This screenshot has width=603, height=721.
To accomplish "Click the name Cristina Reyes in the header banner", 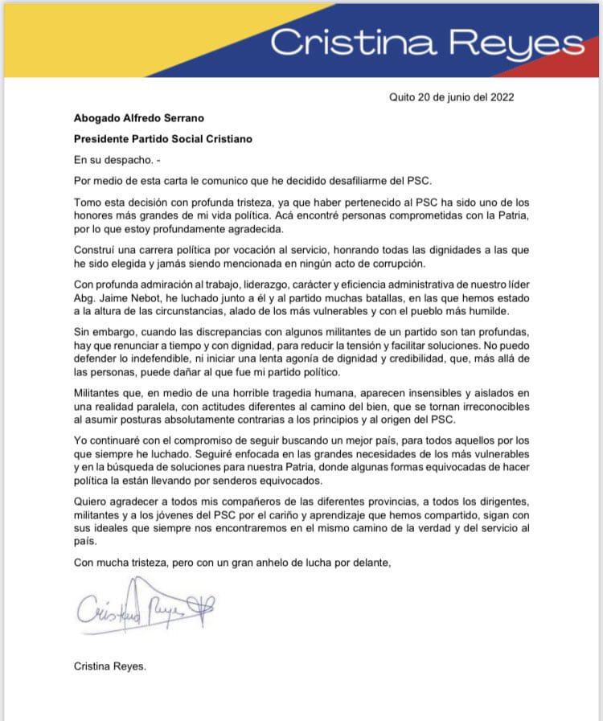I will tap(426, 43).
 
